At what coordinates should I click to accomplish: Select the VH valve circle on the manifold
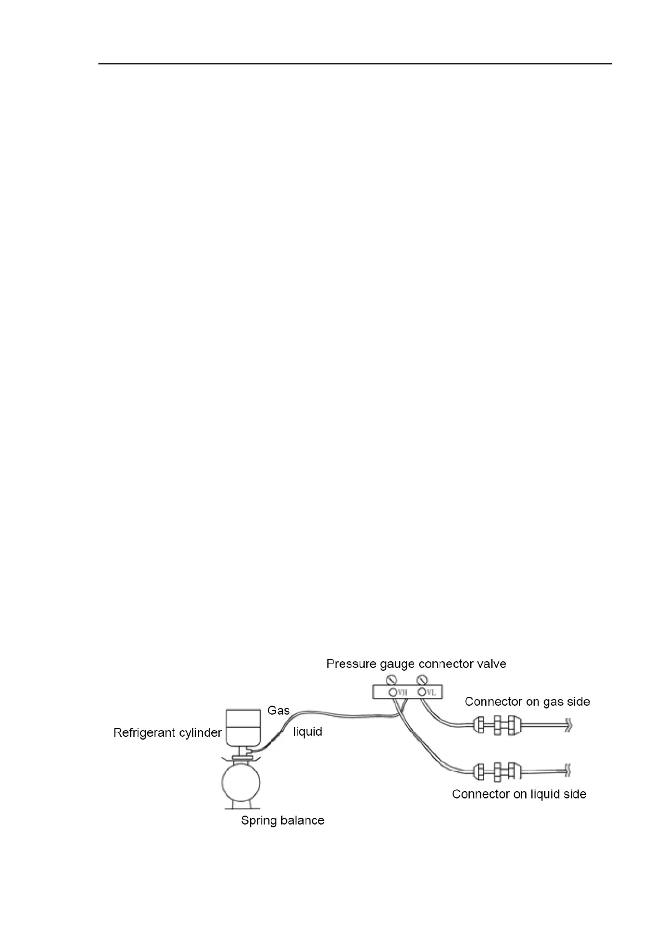point(393,692)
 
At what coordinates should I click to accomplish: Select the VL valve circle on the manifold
point(422,692)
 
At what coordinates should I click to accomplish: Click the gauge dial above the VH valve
point(393,679)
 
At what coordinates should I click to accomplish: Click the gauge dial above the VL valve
point(422,679)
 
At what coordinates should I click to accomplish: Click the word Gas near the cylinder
point(278,710)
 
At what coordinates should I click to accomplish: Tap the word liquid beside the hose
point(307,732)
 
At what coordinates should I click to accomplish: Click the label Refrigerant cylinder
point(167,733)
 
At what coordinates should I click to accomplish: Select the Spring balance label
point(282,820)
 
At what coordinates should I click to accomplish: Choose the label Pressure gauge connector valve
point(416,664)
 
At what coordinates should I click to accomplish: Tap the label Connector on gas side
point(527,702)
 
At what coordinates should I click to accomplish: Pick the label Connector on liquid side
point(519,794)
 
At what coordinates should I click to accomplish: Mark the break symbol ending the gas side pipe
point(568,725)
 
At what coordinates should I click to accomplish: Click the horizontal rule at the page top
point(355,64)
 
